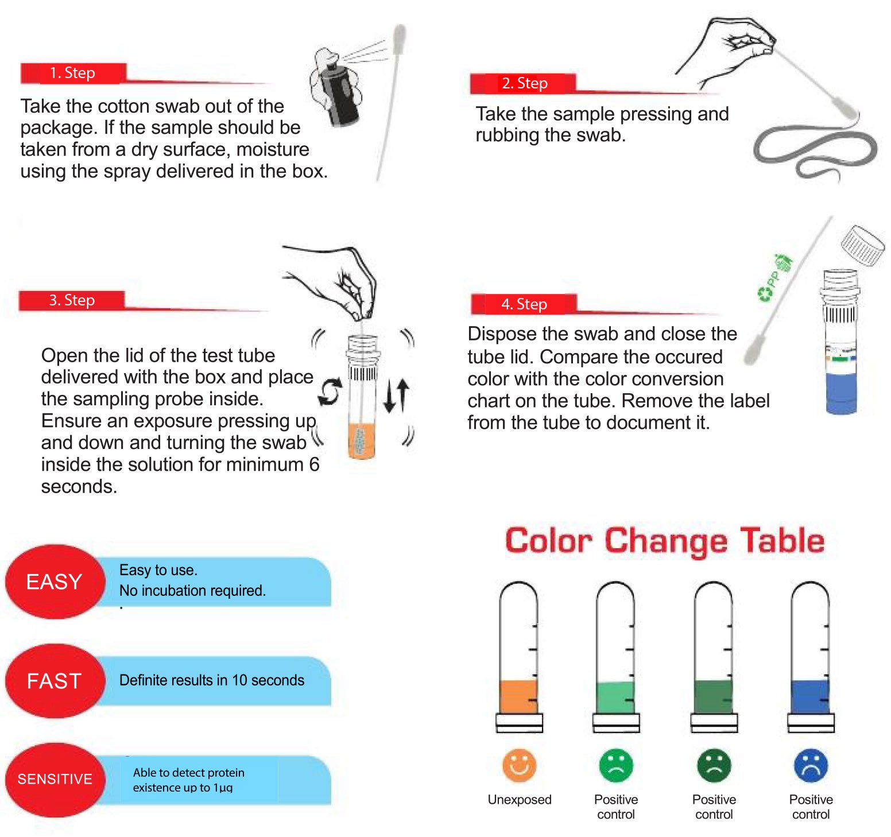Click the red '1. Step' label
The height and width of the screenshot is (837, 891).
(72, 73)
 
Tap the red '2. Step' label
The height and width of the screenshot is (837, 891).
(524, 84)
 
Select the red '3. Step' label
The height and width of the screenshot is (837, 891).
(72, 300)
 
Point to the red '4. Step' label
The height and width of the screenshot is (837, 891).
(524, 304)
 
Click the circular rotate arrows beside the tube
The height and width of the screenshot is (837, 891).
(330, 392)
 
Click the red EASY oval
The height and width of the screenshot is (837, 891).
(55, 582)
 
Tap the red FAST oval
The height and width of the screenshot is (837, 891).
(55, 681)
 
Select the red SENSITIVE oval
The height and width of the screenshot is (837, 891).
(55, 779)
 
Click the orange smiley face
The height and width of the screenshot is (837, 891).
(519, 765)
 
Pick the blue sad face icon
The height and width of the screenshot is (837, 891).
(811, 765)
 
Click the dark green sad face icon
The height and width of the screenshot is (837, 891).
(714, 765)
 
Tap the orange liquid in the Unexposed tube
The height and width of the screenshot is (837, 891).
(518, 696)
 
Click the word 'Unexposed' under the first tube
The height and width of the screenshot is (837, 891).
(519, 800)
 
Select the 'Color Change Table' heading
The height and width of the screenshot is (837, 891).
(664, 541)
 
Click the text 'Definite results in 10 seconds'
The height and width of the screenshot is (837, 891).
(211, 680)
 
